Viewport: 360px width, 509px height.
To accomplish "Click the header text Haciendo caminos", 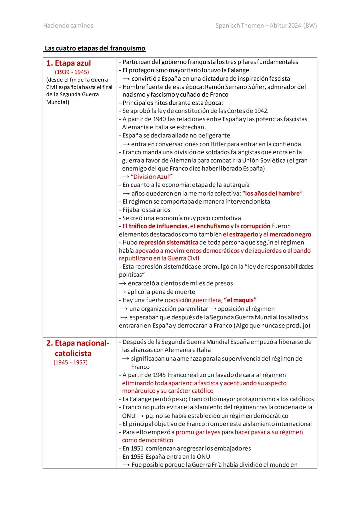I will [x=68, y=26].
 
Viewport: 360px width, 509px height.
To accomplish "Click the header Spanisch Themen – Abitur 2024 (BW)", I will [x=266, y=26].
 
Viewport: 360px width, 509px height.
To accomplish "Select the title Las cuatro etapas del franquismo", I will [x=95, y=48].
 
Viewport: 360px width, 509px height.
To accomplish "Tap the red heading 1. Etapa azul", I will [x=68, y=63].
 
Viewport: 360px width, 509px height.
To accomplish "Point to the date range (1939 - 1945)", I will [x=72, y=72].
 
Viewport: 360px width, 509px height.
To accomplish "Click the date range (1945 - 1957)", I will [x=70, y=362].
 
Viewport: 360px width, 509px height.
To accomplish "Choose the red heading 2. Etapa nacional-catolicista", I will [x=77, y=348].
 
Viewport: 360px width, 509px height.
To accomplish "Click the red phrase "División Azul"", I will [x=151, y=177].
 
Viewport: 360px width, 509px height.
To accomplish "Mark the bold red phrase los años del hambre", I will [x=272, y=193].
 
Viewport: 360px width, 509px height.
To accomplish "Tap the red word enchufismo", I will [x=213, y=226].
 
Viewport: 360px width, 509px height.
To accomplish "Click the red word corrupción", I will [x=255, y=226].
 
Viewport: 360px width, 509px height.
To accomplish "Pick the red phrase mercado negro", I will [x=290, y=234].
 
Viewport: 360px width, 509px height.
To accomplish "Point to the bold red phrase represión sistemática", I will [x=168, y=242].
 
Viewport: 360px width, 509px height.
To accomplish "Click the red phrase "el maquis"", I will [x=240, y=300].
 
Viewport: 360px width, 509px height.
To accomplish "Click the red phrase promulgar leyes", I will [x=198, y=432].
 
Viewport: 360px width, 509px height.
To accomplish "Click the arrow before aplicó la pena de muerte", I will [x=122, y=292].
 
